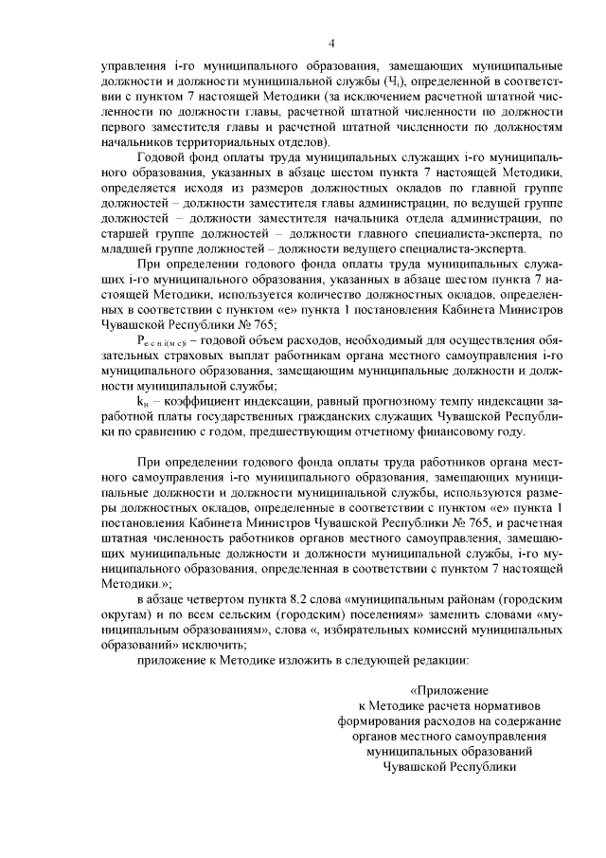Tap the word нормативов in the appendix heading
[517, 705]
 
